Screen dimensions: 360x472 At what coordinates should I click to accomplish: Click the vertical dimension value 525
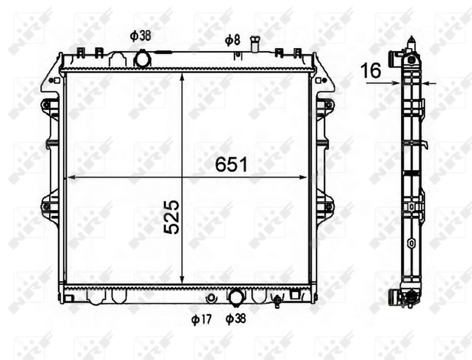pyautogui.click(x=172, y=217)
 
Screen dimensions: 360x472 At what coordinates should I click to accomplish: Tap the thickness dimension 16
pyautogui.click(x=371, y=70)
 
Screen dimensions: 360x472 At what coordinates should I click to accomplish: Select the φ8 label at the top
pyautogui.click(x=233, y=40)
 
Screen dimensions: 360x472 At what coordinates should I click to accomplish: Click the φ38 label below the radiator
pyautogui.click(x=236, y=319)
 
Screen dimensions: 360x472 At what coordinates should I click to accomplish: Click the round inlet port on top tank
pyautogui.click(x=143, y=59)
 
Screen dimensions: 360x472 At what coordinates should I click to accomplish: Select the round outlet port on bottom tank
pyautogui.click(x=236, y=296)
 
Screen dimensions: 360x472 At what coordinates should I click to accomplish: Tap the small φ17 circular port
pyautogui.click(x=211, y=298)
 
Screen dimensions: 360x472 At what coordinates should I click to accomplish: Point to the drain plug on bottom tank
pyautogui.click(x=277, y=300)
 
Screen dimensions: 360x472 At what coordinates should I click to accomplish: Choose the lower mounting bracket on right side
pyautogui.click(x=327, y=207)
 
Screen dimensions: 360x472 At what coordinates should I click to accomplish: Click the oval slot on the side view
pyautogui.click(x=411, y=244)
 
